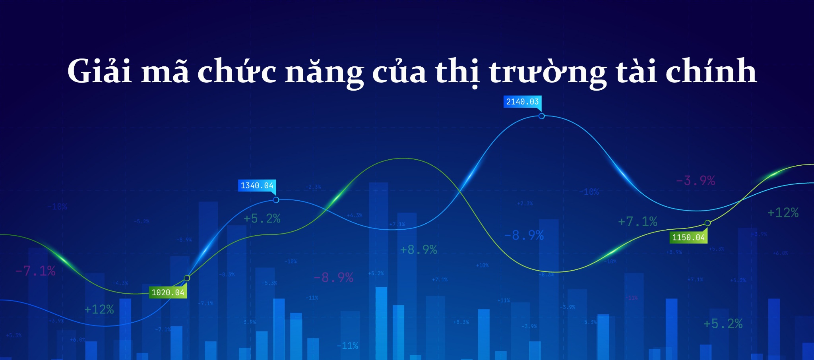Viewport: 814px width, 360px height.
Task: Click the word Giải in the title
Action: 99,72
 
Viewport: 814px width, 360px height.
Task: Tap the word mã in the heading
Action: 165,72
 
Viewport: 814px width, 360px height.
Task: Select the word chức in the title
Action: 237,72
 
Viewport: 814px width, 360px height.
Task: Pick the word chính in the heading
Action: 711,72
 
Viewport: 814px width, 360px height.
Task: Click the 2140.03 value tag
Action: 522,102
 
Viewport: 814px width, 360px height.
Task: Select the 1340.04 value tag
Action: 257,186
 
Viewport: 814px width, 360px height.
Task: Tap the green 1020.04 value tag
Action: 168,292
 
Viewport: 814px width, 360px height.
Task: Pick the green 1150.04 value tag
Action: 688,238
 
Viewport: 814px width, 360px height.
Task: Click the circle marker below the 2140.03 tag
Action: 541,116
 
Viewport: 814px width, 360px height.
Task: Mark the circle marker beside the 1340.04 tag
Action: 276,200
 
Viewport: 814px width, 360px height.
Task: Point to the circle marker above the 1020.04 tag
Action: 187,278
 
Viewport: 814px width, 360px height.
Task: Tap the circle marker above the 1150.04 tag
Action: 707,223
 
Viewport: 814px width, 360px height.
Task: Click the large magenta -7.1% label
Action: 35,271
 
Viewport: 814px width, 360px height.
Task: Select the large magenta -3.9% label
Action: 696,181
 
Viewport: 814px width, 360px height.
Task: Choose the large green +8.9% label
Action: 419,250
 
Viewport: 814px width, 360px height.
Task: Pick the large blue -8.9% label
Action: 524,235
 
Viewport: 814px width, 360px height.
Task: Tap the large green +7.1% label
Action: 638,221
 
